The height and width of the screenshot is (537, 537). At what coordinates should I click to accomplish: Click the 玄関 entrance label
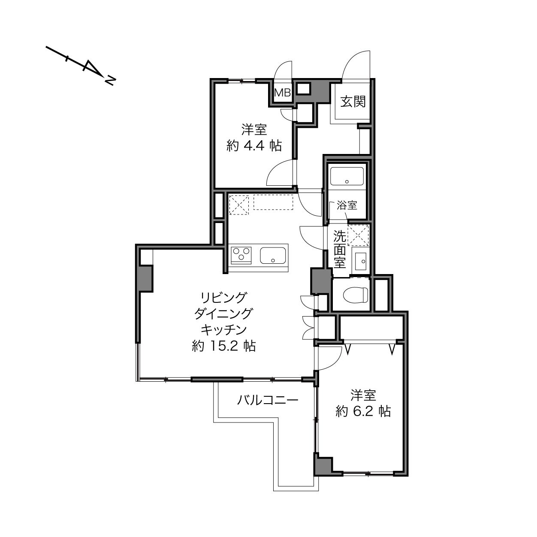coord(353,101)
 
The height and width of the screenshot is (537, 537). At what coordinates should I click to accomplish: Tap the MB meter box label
coord(283,93)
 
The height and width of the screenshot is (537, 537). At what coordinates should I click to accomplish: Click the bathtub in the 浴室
coord(347,176)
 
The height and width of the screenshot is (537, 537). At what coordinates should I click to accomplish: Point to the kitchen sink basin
coord(273,255)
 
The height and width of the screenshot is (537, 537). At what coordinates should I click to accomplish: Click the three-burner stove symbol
coord(241,255)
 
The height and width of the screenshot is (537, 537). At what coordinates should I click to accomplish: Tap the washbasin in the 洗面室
coord(361,261)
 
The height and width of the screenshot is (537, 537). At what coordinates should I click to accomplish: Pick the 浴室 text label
coord(347,205)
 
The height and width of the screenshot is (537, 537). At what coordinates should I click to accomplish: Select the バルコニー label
coord(268,401)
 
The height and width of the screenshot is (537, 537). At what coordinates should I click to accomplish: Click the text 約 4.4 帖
coord(254,145)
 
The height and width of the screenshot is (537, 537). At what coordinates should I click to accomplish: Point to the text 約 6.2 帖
coord(363,411)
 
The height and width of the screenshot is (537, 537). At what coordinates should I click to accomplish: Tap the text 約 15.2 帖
coord(223,346)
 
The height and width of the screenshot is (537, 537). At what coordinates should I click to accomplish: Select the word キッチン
coord(224,330)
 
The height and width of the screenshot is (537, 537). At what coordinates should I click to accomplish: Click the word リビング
coord(224,298)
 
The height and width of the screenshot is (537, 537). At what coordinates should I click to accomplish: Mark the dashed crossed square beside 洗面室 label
coord(358,235)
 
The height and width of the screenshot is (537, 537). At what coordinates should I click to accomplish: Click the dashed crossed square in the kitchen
coord(239,205)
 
